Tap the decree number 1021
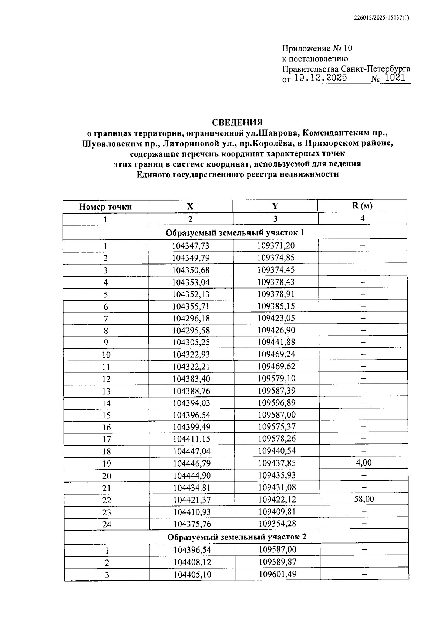coord(395,78)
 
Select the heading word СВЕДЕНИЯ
coord(237,122)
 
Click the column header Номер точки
coord(105,207)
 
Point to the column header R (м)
coord(362,206)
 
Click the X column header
coord(190,206)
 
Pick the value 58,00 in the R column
coord(364,499)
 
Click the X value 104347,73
coord(191,246)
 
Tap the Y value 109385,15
coord(276,306)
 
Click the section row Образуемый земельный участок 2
coord(236,537)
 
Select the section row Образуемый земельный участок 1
coord(235,233)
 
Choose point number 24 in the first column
coord(107,524)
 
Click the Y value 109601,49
coord(277,574)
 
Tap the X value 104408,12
coord(192,562)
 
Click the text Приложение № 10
coord(317,48)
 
